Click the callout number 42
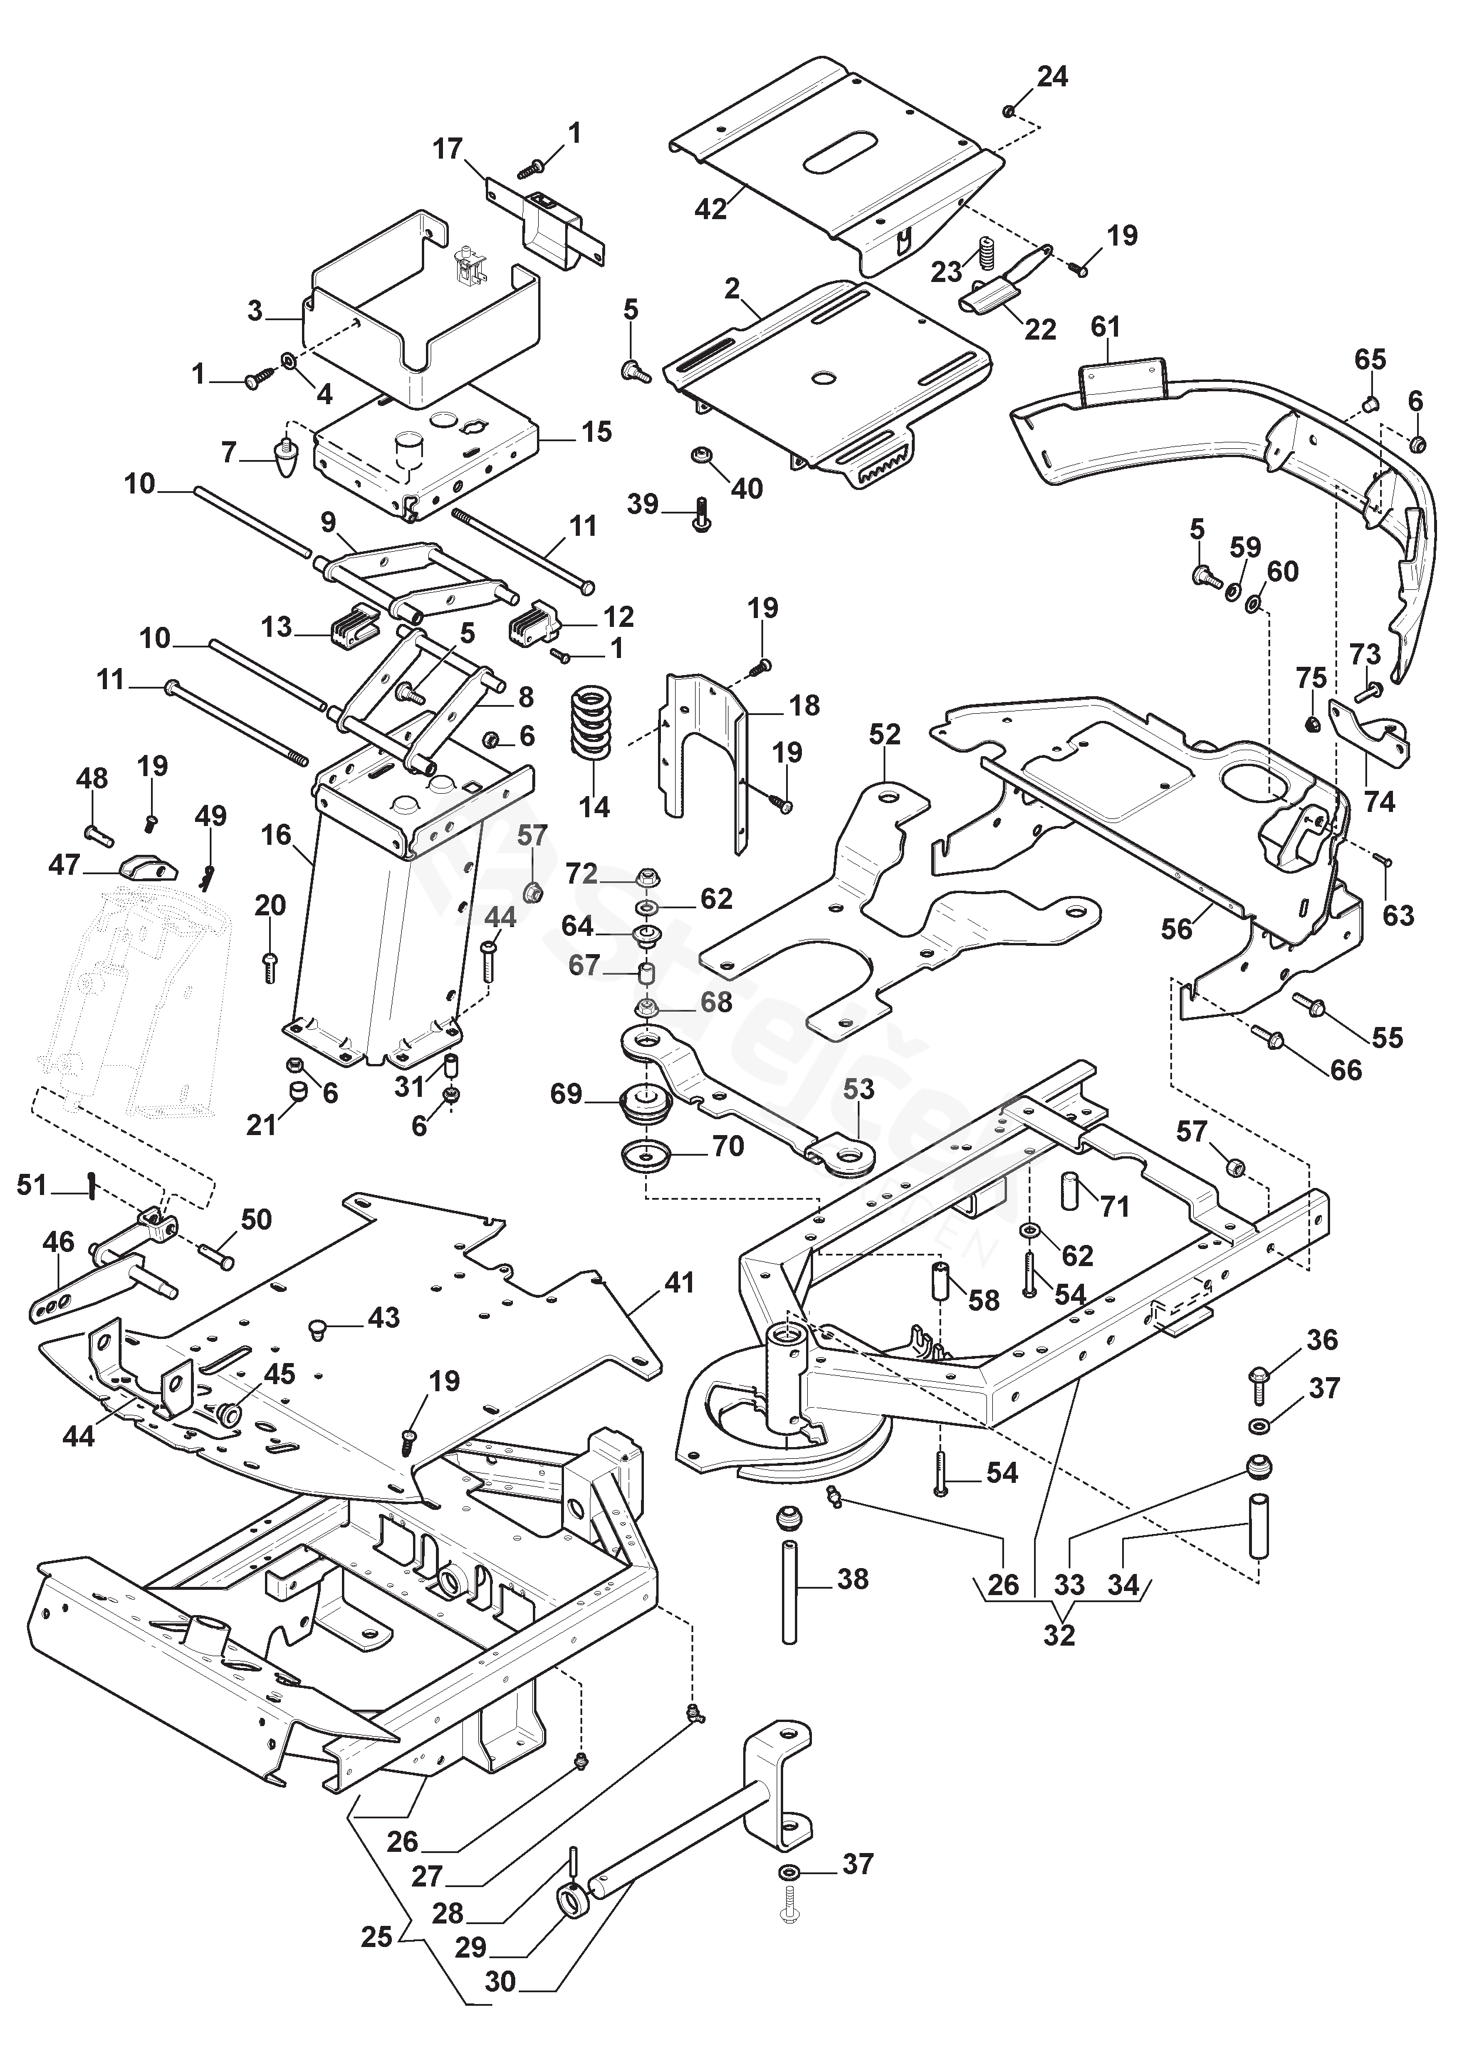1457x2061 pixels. tap(711, 208)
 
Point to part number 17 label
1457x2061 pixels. tap(448, 148)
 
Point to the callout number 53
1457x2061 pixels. tap(858, 1089)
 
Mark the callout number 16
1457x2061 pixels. tap(277, 835)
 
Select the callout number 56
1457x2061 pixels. tap(1177, 928)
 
